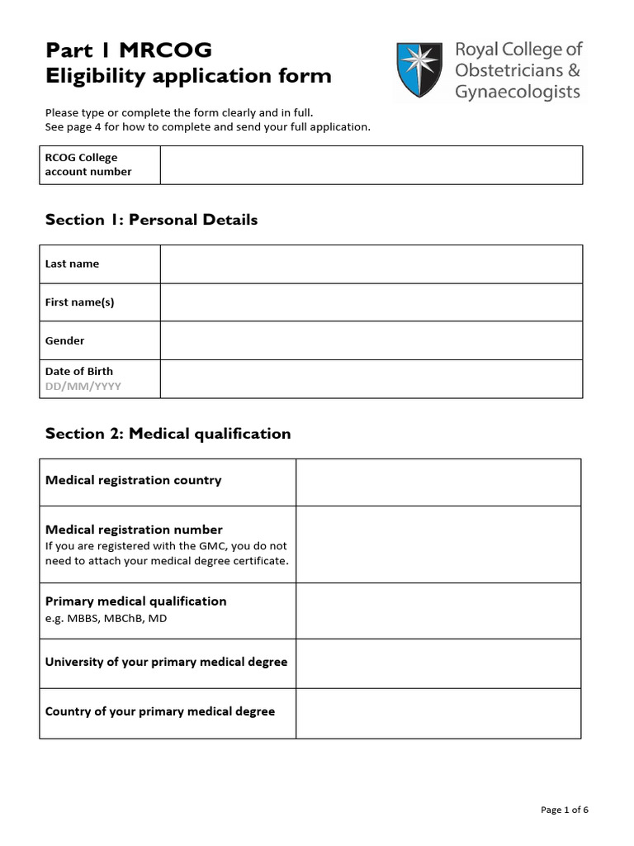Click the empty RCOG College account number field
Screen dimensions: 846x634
pos(371,164)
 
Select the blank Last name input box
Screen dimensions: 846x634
pos(371,264)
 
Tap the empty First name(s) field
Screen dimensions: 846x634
pos(371,302)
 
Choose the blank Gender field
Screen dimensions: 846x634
pos(371,340)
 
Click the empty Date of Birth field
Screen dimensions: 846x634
pos(371,378)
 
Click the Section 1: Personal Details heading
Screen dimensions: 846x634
pos(151,220)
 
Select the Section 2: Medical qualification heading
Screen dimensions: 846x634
pos(168,434)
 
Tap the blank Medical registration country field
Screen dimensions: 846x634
pos(438,482)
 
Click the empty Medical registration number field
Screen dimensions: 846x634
pos(438,544)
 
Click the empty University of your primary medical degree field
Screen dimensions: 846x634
pos(438,662)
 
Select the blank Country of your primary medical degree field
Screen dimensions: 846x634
pos(438,713)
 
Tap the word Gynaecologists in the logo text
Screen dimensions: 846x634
pos(518,91)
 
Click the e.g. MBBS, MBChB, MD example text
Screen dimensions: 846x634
pos(106,618)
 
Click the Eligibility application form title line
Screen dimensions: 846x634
pos(188,76)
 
